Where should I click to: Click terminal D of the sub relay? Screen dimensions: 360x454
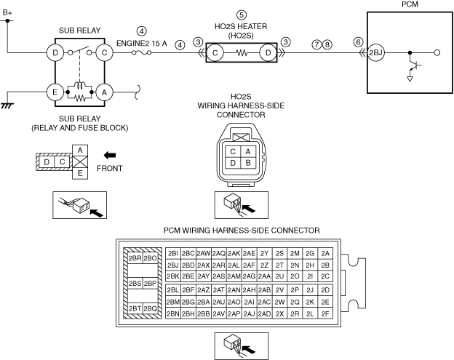54,52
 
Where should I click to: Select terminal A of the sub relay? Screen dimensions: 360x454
105,92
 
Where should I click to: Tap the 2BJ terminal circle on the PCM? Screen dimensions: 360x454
375,53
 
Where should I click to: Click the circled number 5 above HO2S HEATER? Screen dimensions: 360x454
242,14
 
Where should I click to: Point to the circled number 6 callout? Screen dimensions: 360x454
358,43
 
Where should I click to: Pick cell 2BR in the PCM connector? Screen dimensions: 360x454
134,257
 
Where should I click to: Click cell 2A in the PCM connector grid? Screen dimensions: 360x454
325,253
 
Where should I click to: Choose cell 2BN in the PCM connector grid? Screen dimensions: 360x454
172,313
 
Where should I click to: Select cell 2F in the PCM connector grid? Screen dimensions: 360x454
325,313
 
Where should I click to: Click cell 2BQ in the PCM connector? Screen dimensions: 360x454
150,308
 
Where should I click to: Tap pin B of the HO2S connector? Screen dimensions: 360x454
248,163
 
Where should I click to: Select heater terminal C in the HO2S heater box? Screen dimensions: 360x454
216,53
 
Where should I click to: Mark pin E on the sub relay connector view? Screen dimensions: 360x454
79,172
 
